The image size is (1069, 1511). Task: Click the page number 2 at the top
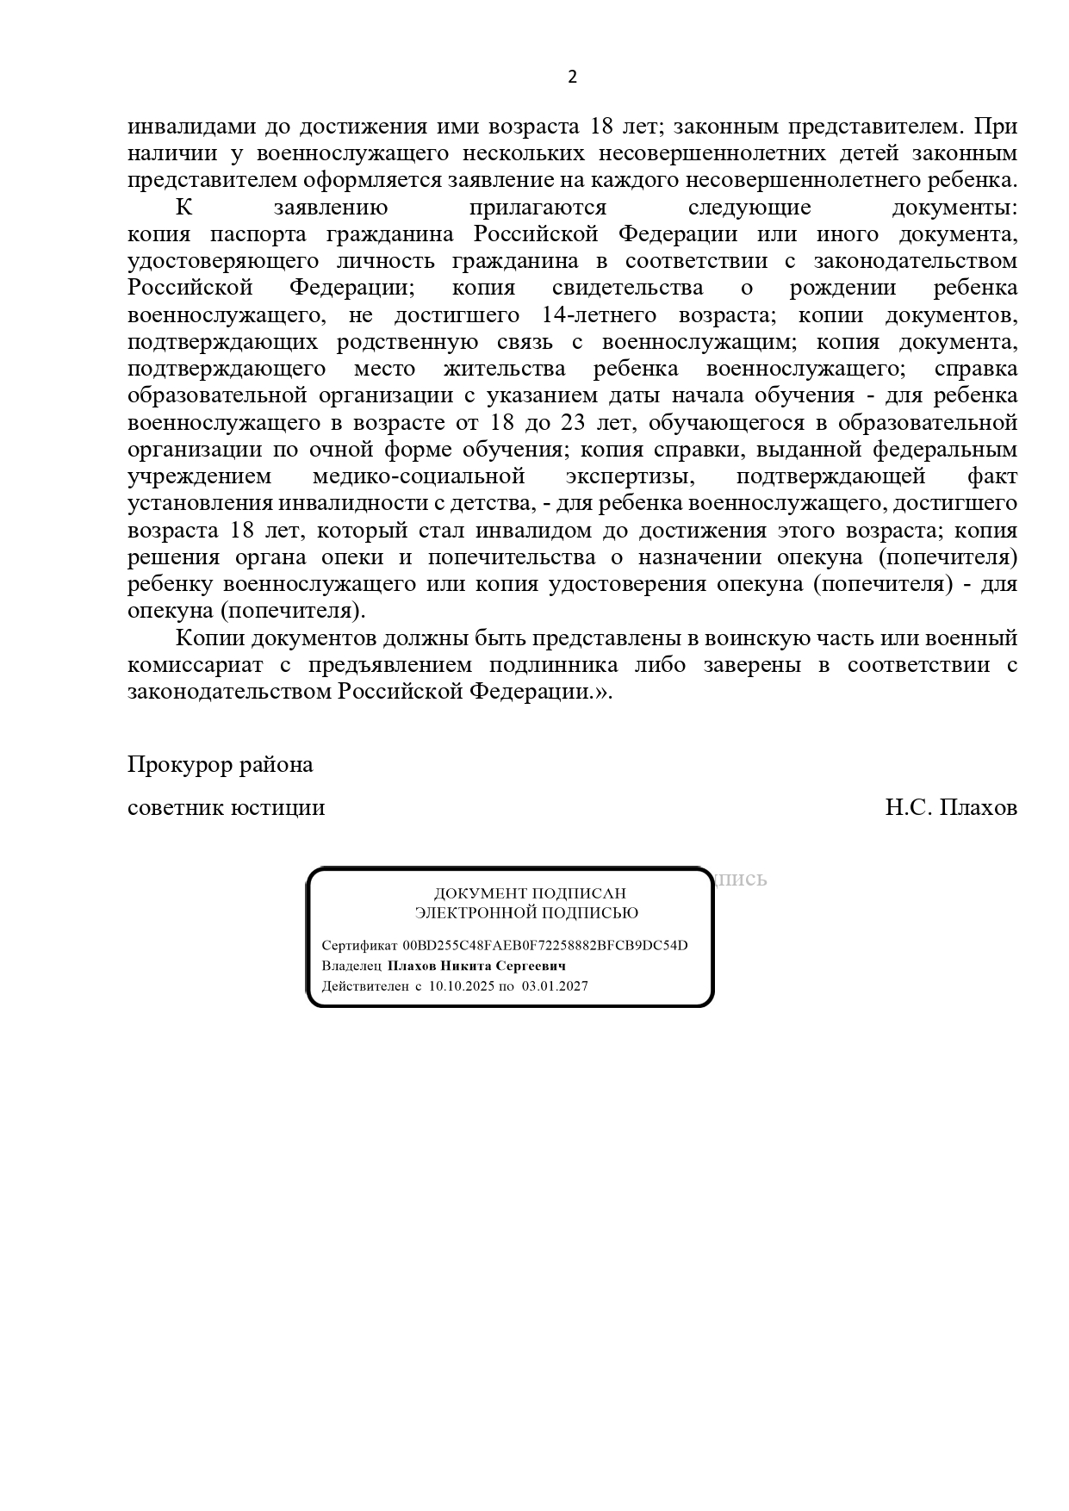(572, 78)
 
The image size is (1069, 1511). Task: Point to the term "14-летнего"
(600, 315)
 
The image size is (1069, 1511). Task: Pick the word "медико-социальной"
(419, 476)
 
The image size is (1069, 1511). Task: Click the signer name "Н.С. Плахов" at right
(951, 808)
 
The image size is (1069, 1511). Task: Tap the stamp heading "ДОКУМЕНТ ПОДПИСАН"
(529, 893)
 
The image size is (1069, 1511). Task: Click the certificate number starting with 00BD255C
(545, 945)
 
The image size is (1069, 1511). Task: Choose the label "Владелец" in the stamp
(351, 966)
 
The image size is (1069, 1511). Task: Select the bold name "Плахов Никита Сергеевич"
(476, 966)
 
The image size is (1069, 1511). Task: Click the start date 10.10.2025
(461, 986)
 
